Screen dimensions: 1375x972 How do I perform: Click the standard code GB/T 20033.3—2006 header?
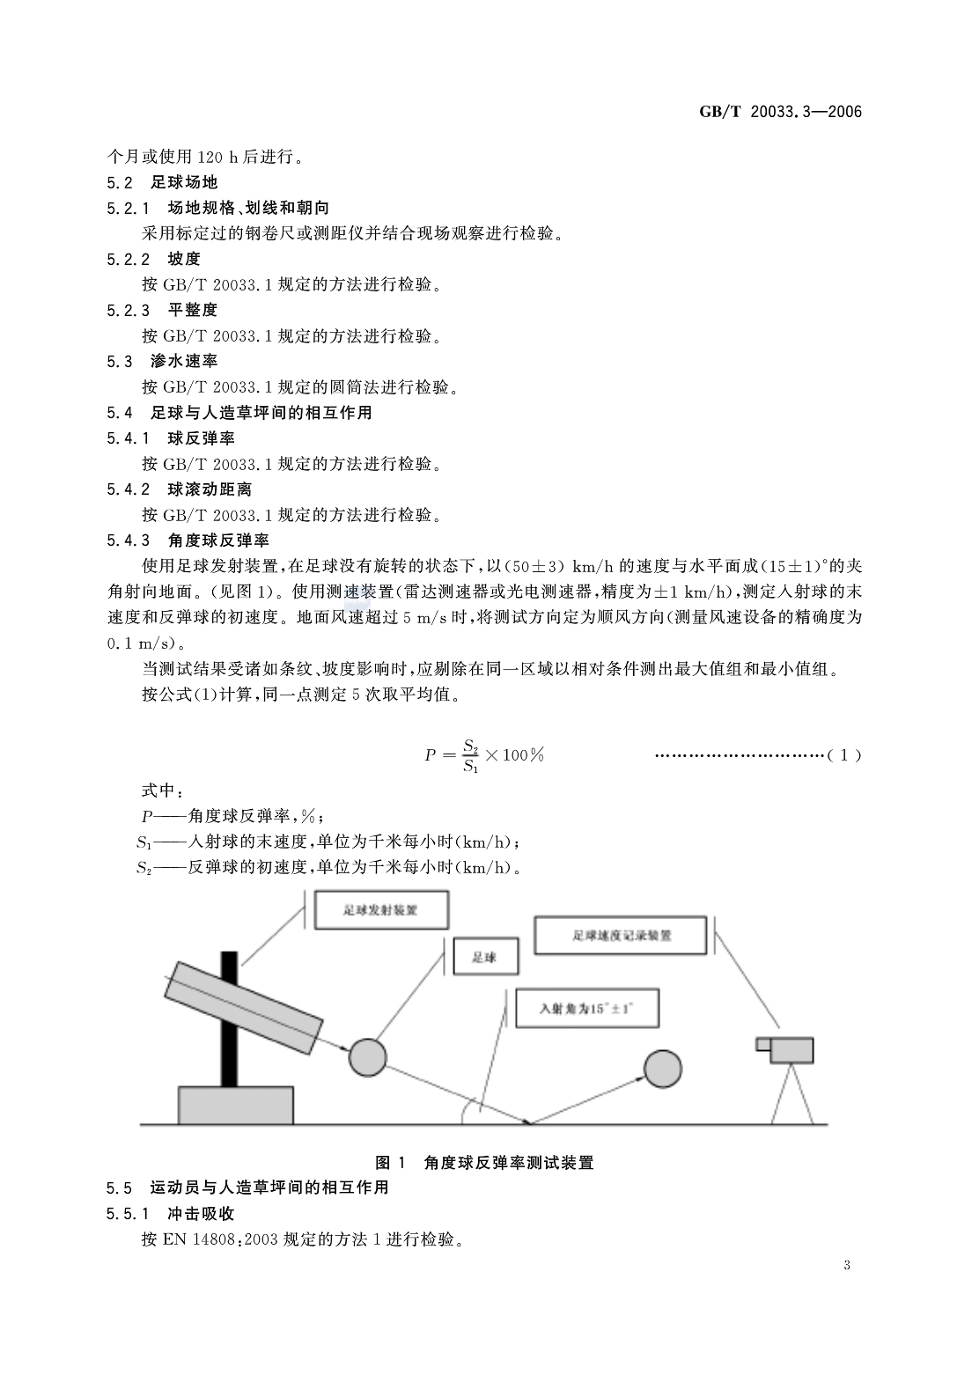coord(779,112)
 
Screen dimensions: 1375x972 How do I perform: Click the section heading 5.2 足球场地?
coord(162,182)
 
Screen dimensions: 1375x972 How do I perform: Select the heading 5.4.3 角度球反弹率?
coord(188,540)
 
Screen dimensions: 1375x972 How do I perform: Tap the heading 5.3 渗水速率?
coord(162,361)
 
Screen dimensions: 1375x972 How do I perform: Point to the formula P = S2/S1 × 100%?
coord(484,755)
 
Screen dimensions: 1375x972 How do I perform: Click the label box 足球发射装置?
coord(380,910)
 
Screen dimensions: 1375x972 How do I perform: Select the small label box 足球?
coord(485,957)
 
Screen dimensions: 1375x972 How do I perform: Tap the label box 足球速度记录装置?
coord(621,936)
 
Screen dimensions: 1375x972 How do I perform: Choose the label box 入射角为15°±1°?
coord(587,1011)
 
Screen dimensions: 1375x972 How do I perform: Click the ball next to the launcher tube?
coord(367,1056)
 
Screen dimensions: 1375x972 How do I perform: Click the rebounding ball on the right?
coord(662,1068)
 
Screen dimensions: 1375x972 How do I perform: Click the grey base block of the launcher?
coord(235,1105)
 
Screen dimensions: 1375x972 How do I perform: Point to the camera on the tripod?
coord(785,1049)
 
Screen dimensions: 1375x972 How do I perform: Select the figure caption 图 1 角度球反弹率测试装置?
coord(484,1162)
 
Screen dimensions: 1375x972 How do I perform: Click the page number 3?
coord(847,1266)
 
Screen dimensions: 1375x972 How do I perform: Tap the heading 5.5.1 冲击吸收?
coord(171,1213)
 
